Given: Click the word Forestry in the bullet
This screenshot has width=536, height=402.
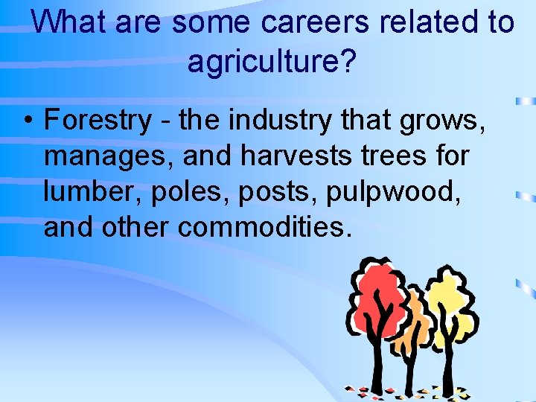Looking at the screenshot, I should (x=98, y=120).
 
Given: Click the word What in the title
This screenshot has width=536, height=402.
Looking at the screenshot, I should (x=68, y=22).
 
